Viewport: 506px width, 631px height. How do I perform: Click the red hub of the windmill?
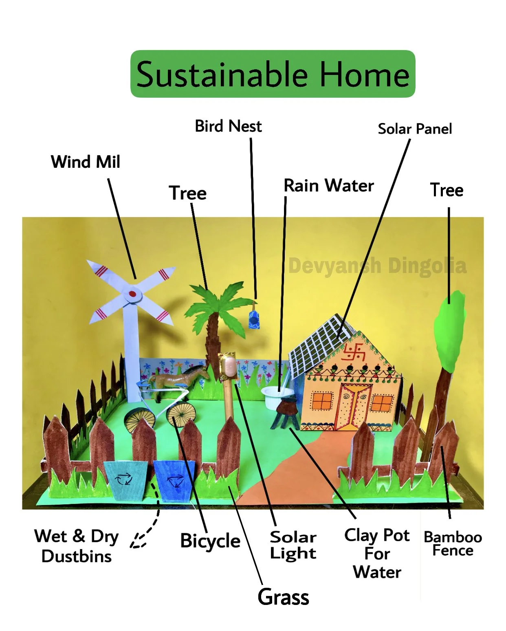pos(132,293)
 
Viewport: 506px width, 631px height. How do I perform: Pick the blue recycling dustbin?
pos(174,481)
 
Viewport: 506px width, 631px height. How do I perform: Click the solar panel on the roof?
pos(322,344)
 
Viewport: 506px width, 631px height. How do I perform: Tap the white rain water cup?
pos(276,395)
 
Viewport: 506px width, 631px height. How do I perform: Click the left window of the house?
pos(322,401)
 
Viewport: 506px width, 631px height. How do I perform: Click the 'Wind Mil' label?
pos(86,162)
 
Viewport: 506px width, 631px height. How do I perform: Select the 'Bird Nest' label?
pos(228,126)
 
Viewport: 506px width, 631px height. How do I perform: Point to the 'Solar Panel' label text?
pos(415,129)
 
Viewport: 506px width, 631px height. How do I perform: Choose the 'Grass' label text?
pos(283,597)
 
